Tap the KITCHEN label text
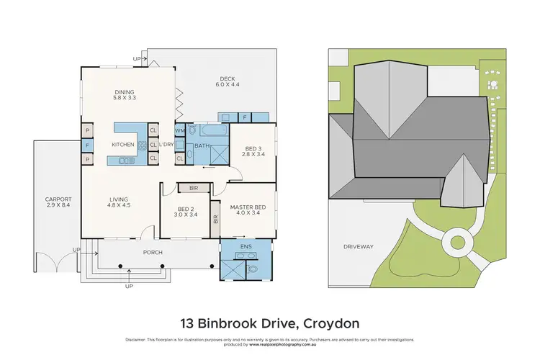point(122,145)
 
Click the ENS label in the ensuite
point(247,245)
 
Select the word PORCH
point(153,253)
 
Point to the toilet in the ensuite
point(252,269)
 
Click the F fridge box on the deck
point(245,117)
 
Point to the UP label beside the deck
point(137,58)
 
